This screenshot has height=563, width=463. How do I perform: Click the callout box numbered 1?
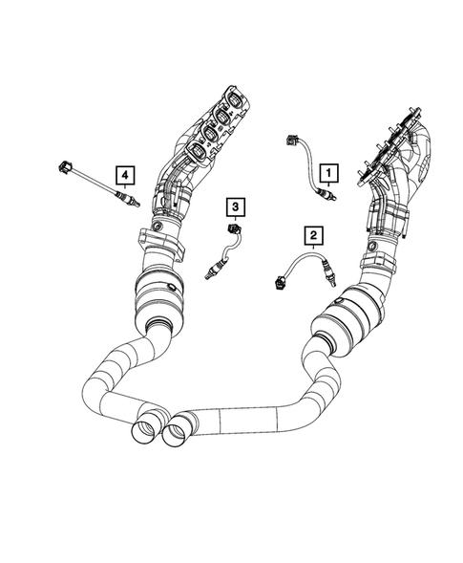[x=328, y=172]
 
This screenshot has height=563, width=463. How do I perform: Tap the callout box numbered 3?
[x=232, y=206]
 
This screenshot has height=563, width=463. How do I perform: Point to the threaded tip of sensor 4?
[x=139, y=203]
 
